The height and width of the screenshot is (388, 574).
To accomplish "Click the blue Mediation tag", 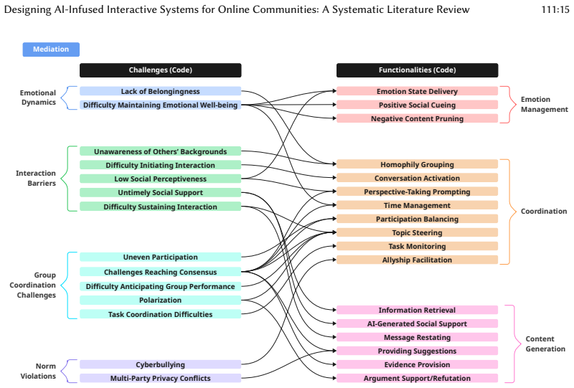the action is (51, 49).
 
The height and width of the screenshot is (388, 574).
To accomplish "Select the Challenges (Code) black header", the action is (160, 70).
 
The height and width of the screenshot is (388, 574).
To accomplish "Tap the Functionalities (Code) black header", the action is (418, 70).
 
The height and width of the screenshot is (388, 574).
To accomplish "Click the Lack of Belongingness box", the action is (160, 91).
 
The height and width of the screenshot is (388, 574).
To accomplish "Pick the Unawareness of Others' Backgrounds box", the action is (160, 151).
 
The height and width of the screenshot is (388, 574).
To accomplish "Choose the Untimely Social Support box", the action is (160, 192).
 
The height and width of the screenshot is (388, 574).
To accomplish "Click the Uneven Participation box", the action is (160, 257).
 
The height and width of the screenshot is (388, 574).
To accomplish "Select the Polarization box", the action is (160, 301).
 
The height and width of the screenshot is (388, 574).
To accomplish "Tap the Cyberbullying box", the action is (160, 364).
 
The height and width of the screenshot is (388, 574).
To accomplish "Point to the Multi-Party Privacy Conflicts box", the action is (160, 378).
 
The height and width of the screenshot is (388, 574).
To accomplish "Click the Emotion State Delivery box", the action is (418, 91).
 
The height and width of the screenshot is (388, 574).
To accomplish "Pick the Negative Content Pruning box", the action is (418, 118).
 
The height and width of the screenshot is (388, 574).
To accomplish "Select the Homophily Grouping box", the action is (418, 164).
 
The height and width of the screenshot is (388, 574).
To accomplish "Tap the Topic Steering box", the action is (418, 232).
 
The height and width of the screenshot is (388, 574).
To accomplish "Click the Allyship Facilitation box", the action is (418, 260).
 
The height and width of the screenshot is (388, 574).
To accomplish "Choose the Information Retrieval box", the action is (418, 310).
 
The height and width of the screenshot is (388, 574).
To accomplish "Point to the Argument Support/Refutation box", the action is (418, 378).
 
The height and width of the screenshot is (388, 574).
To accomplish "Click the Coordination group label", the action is (544, 211).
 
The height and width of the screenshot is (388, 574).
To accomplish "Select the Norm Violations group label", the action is (38, 372).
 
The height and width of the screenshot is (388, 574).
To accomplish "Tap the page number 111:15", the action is (555, 9).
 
